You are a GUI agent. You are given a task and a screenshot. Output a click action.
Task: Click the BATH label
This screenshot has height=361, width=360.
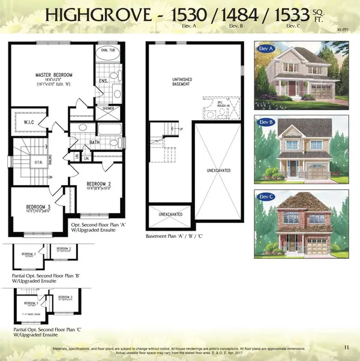pyautogui.click(x=95, y=143)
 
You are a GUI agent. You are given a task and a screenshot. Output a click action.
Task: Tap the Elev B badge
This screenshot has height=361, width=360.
pyautogui.click(x=267, y=123)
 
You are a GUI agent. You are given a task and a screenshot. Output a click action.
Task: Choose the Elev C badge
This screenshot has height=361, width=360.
pyautogui.click(x=267, y=196)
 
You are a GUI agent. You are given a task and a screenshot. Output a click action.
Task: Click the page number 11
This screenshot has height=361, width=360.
pyautogui.click(x=347, y=346)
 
